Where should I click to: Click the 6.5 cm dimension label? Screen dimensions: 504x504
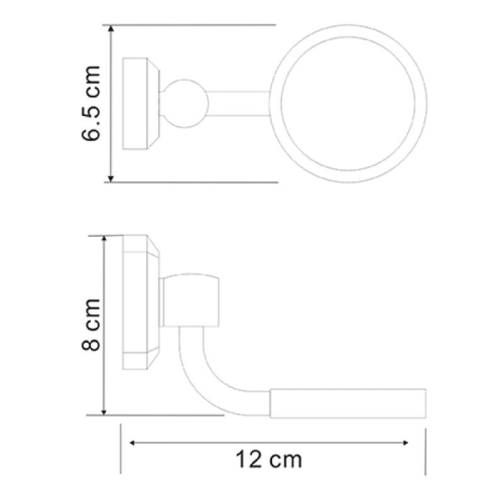[x=91, y=103]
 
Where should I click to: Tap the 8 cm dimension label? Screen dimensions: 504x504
[x=91, y=324]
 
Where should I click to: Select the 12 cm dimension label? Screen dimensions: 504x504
[x=269, y=459]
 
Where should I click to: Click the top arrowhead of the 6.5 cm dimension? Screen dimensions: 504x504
[x=111, y=29]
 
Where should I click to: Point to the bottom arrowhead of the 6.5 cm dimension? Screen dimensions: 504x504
[x=111, y=178]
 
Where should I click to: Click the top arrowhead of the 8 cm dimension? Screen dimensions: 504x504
[x=104, y=239]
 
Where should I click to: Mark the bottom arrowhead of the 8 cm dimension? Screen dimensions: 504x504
[x=104, y=411]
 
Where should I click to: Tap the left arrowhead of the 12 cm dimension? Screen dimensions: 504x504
[x=132, y=443]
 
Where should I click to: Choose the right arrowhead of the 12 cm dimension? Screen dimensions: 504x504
[x=405, y=443]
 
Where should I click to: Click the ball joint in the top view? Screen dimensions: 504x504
[x=185, y=103]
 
